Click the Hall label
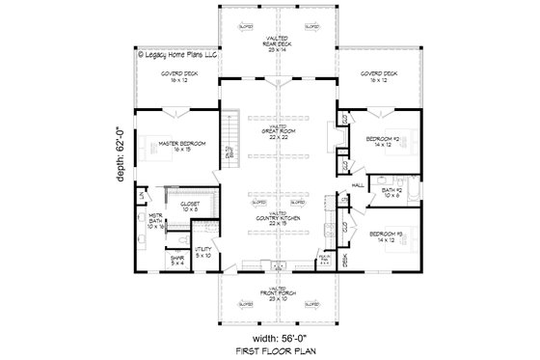[356, 183]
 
